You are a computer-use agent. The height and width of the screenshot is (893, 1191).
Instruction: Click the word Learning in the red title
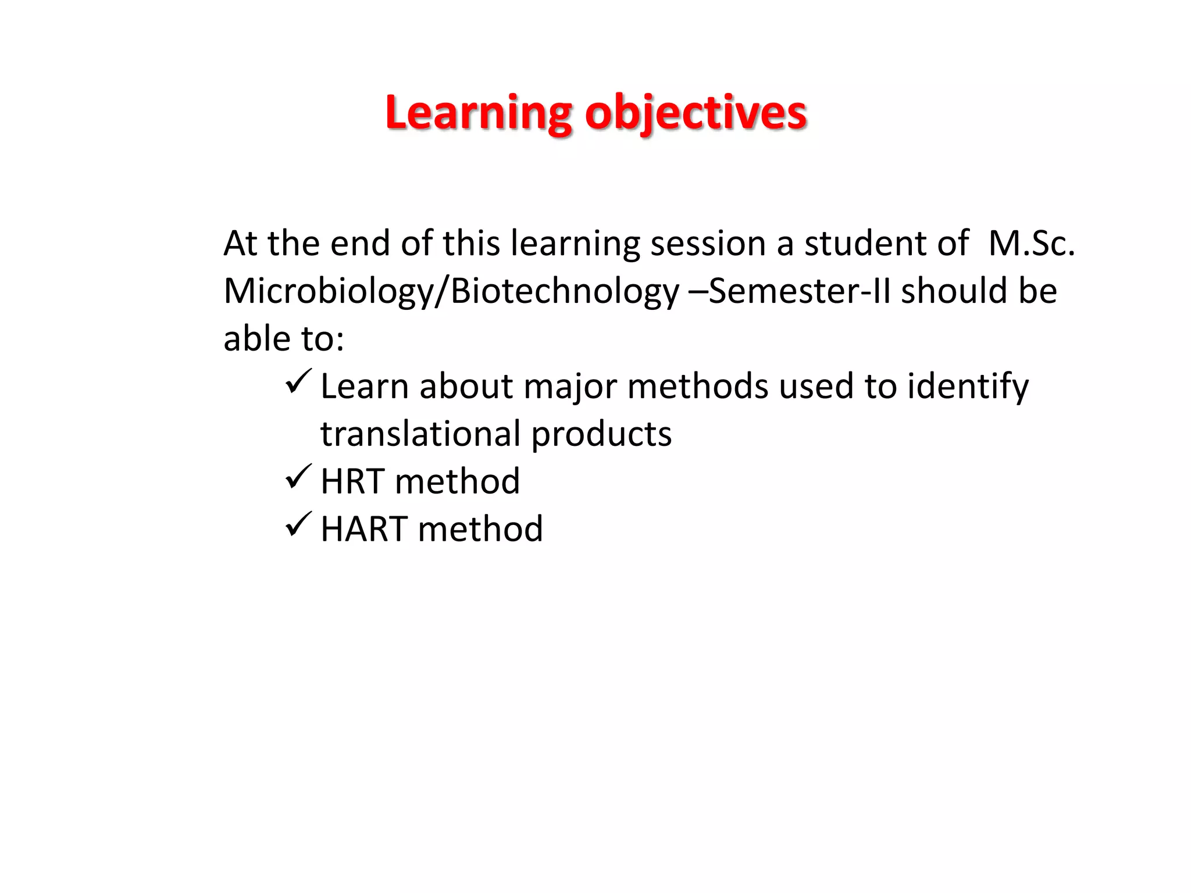tap(478, 113)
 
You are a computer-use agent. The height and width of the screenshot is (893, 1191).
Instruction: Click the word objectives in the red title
tap(696, 113)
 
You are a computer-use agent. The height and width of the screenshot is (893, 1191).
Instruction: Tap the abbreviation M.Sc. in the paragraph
tap(1031, 243)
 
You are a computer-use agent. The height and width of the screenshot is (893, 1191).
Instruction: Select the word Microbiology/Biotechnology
tap(451, 291)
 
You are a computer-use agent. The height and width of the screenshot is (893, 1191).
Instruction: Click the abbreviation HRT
tap(352, 482)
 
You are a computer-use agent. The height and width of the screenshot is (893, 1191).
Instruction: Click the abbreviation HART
tap(364, 530)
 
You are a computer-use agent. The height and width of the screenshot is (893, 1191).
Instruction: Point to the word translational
tap(420, 434)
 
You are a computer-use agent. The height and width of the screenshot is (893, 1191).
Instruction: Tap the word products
tap(601, 434)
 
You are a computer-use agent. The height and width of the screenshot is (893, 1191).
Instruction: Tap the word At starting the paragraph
tap(240, 243)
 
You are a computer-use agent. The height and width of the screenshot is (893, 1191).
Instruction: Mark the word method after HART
tap(480, 530)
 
